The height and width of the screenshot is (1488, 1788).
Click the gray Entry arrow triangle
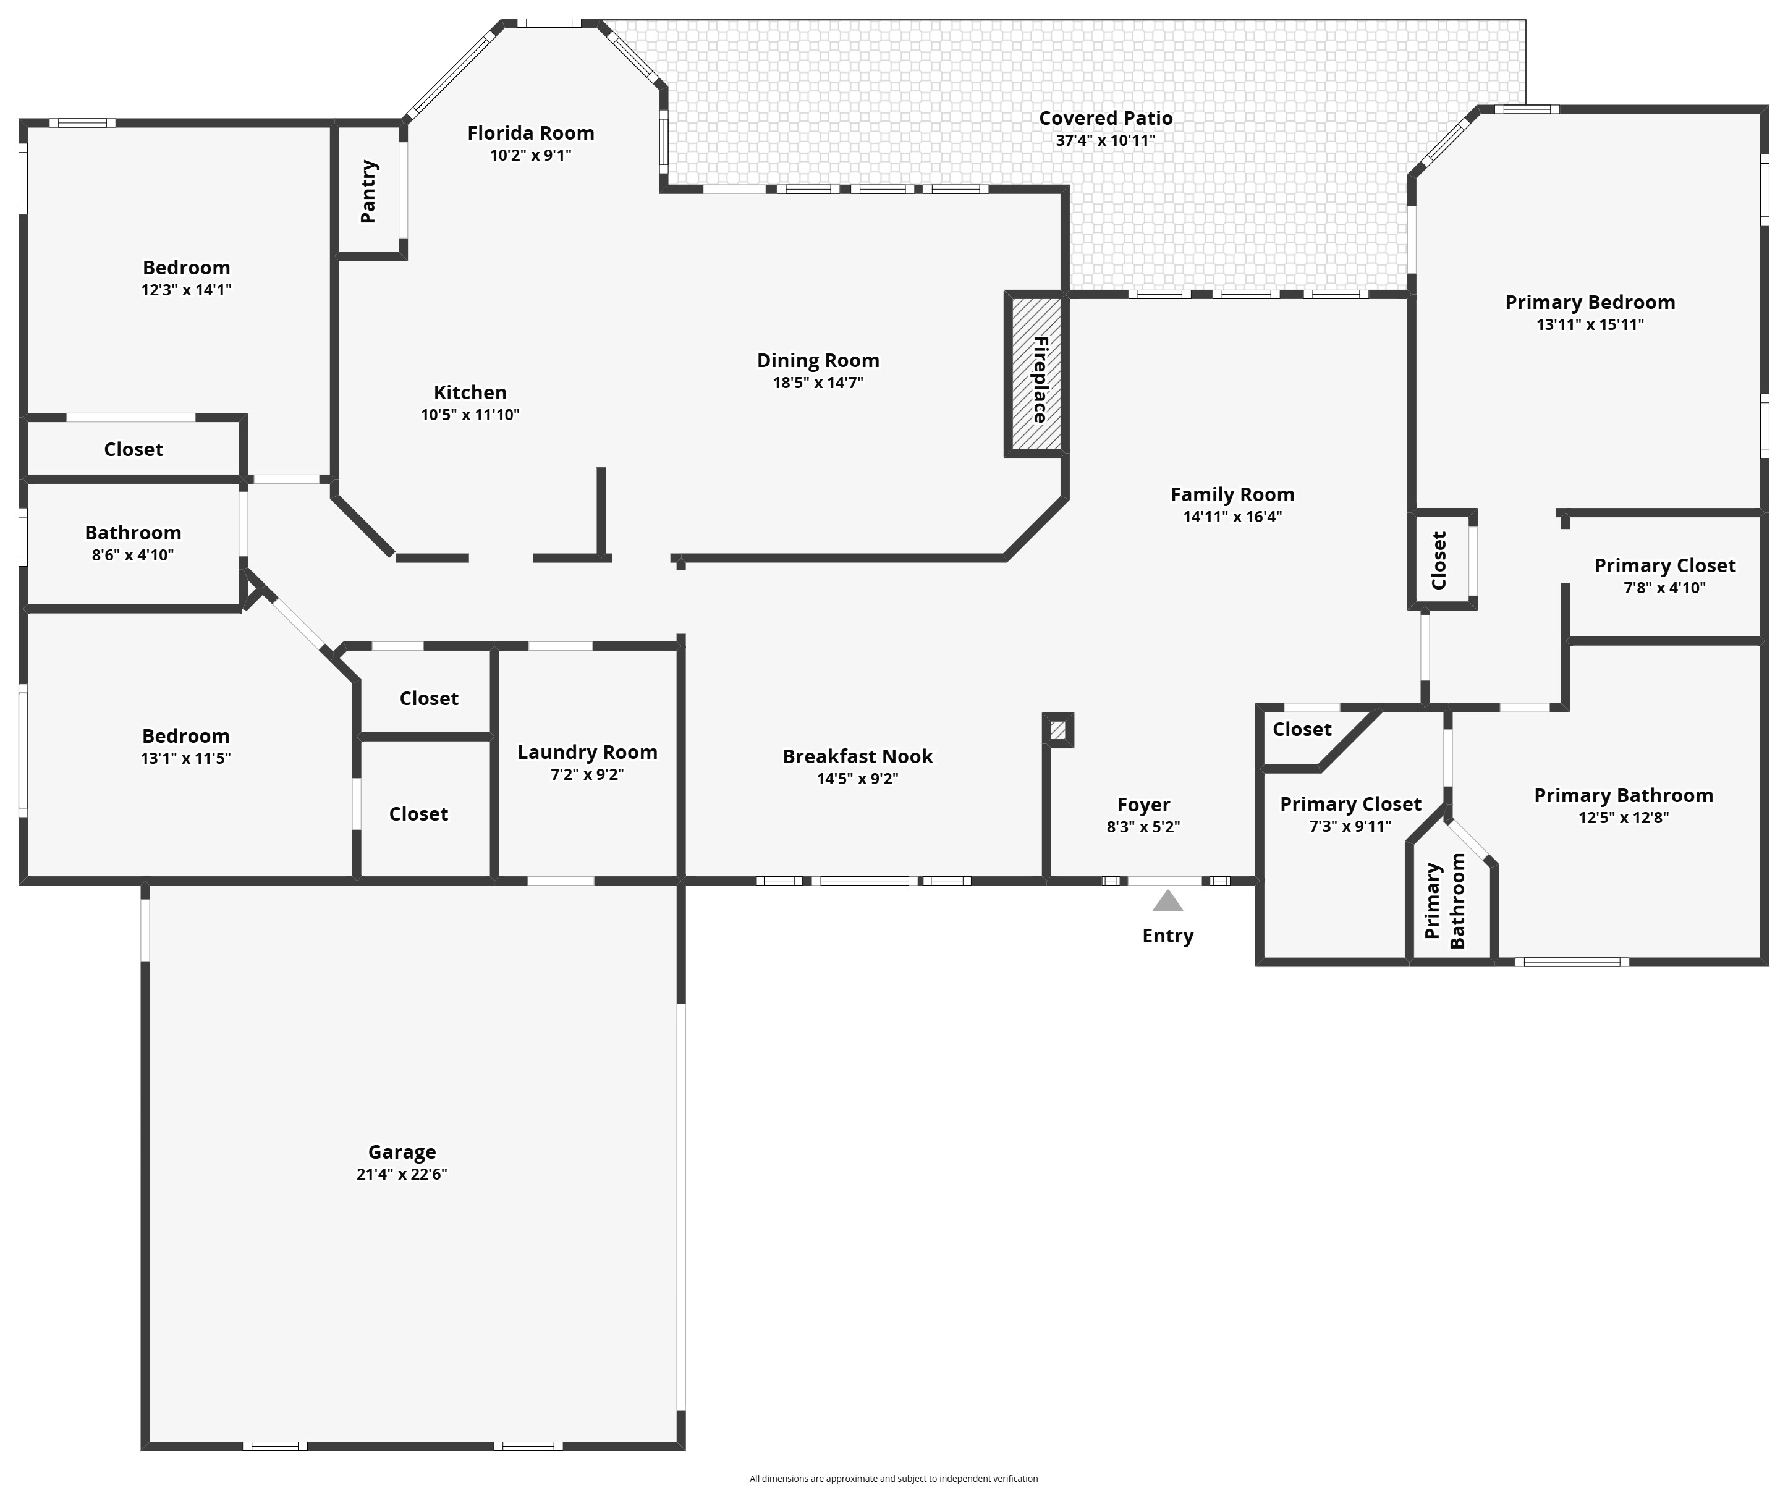pos(1167,902)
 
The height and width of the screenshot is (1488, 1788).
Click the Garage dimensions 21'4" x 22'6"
pos(402,1175)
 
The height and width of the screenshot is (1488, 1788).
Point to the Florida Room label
pos(530,133)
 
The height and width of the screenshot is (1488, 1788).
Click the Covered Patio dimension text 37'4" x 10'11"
pos(1105,140)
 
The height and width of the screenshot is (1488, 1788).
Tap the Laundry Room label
pos(588,753)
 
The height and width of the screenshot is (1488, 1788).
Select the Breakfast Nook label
pos(857,757)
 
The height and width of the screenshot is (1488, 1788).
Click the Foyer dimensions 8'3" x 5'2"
pos(1143,827)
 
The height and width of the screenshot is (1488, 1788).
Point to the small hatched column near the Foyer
pos(1057,730)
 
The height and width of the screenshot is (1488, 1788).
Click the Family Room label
pos(1232,494)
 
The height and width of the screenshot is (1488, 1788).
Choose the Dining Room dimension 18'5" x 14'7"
pos(818,383)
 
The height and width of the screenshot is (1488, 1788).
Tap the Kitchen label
pos(470,392)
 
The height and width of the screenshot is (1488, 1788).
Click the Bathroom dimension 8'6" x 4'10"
pos(133,555)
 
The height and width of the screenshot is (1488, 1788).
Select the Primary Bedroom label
pos(1590,302)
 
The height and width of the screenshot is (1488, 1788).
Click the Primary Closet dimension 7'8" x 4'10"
pos(1664,588)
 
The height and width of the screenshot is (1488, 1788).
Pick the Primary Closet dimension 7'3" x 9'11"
pos(1350,826)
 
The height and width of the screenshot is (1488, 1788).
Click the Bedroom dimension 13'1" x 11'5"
pos(185,758)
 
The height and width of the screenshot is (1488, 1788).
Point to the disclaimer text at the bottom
pos(893,1479)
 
